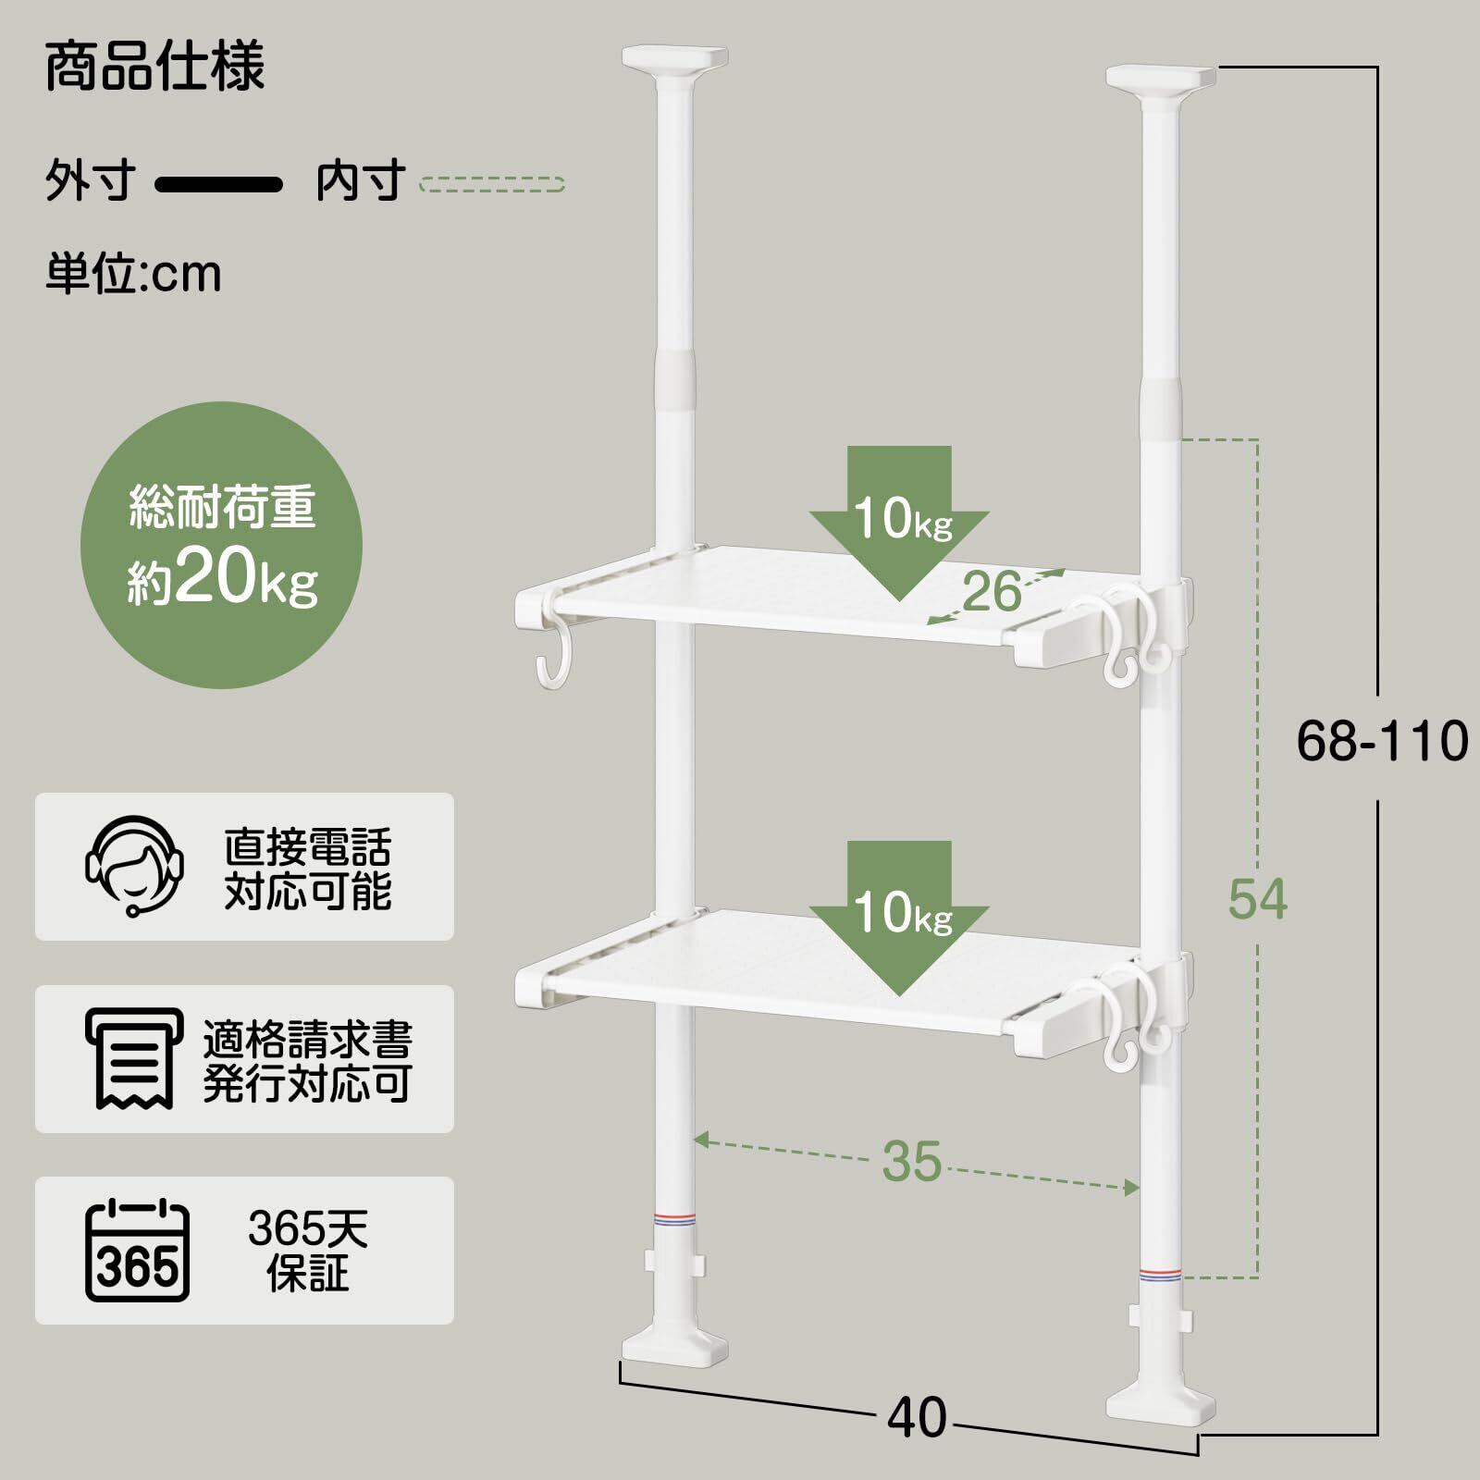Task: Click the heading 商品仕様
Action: click(155, 67)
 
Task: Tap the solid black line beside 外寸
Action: click(218, 184)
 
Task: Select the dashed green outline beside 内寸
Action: click(491, 184)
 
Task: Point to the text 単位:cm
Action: click(134, 274)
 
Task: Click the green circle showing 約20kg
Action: click(222, 546)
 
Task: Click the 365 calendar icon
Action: click(137, 1251)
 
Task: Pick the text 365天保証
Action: click(308, 1251)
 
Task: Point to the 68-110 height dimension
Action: click(1381, 742)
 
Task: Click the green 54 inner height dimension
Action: click(1257, 899)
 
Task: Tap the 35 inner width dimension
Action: click(912, 1162)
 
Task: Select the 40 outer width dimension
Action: click(917, 1417)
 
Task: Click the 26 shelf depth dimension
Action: click(993, 592)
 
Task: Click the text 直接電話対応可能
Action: click(308, 868)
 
